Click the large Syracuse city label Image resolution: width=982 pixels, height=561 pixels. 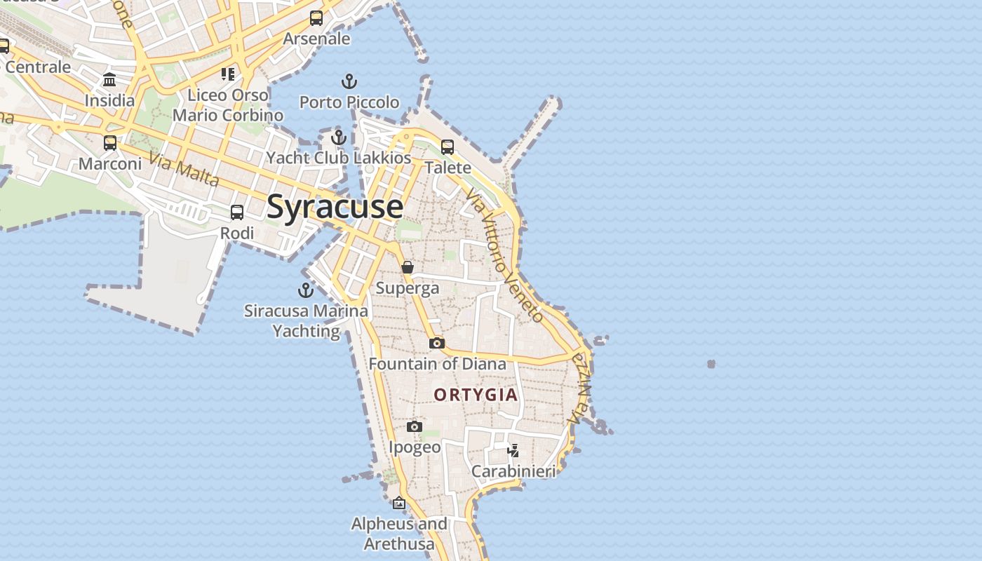coord(335,208)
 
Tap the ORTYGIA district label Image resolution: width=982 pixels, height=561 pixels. coord(476,395)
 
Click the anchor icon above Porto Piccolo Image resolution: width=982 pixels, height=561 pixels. coord(349,81)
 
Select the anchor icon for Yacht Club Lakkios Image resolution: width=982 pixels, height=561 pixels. coord(339,137)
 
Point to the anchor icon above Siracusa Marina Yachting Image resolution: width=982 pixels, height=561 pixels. coord(306,290)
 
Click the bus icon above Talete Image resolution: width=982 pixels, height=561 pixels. coord(448,147)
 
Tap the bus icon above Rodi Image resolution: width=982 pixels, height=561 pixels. coord(237,212)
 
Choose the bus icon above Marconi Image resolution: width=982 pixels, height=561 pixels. coord(110,143)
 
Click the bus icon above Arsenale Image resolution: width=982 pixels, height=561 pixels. coord(316,18)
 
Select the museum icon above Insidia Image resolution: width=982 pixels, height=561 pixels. coord(109,80)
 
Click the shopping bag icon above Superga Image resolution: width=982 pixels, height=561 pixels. coord(408,267)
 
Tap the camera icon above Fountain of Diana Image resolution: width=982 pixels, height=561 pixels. coord(437,343)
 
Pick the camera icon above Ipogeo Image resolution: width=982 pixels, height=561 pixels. coord(415,426)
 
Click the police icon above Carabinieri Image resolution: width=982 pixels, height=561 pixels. coord(513,450)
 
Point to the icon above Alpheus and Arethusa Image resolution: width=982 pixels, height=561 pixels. coord(399,503)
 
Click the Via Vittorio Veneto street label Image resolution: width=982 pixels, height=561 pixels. coord(504,257)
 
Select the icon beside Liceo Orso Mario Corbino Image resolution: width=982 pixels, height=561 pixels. coord(227,74)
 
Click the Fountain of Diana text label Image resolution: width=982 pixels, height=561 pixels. coord(437,364)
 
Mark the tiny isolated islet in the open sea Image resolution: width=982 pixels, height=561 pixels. coord(711,364)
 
